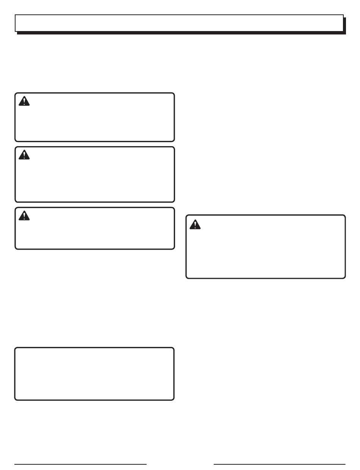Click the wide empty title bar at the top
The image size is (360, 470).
click(179, 23)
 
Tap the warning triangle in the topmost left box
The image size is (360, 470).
click(24, 101)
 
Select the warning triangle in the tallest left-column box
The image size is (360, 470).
click(24, 155)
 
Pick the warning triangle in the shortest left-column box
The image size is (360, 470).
click(24, 215)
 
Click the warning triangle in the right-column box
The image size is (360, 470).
click(195, 224)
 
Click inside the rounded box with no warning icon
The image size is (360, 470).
click(94, 374)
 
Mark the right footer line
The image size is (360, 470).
click(280, 464)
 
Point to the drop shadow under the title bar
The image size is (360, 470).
click(181, 33)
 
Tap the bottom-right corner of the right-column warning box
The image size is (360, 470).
click(344, 277)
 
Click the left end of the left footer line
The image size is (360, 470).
click(15, 464)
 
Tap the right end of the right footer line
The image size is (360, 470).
click(345, 464)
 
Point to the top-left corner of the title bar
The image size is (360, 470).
click(16, 15)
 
